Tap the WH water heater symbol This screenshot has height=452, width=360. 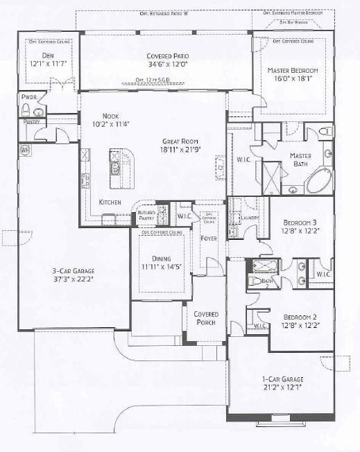point(25,149)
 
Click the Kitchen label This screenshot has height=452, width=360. point(110,202)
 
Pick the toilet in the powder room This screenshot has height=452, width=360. point(26,111)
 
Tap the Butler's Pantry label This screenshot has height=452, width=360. point(145,216)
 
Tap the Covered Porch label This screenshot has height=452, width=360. point(206,318)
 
